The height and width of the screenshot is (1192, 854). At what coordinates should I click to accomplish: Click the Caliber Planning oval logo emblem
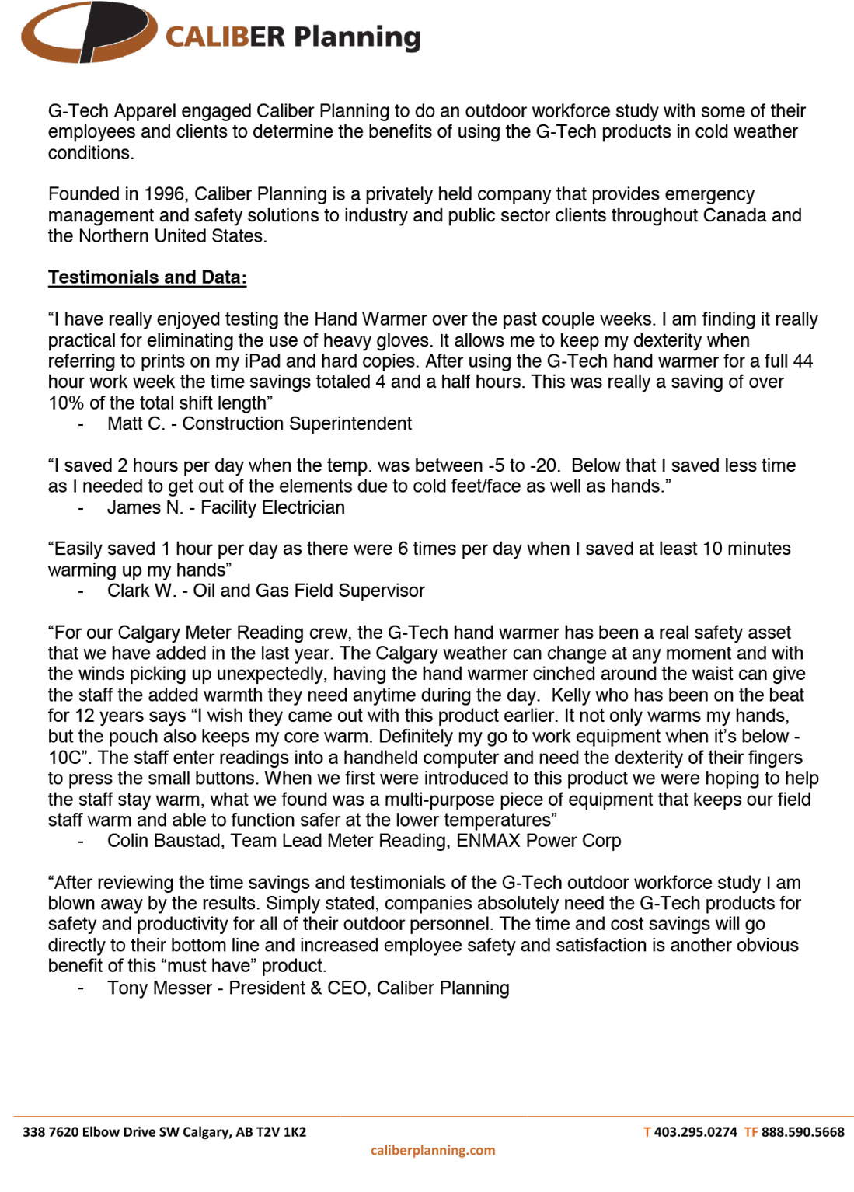pyautogui.click(x=88, y=33)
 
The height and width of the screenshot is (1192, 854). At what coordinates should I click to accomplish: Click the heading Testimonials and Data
pyautogui.click(x=147, y=277)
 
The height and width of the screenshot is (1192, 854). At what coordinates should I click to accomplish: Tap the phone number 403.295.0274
pyautogui.click(x=695, y=1132)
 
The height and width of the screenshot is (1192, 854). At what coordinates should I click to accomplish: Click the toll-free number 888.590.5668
pyautogui.click(x=802, y=1132)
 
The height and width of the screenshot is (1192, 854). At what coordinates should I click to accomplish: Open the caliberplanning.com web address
pyautogui.click(x=433, y=1150)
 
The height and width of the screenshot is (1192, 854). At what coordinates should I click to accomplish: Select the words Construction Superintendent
pyautogui.click(x=297, y=423)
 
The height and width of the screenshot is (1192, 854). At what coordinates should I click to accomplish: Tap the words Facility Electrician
pyautogui.click(x=273, y=507)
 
